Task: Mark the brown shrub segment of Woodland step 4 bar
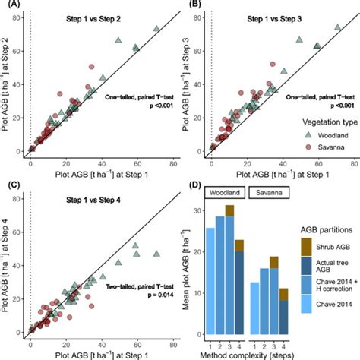coord(239,245)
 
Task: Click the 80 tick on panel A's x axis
coord(172,162)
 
